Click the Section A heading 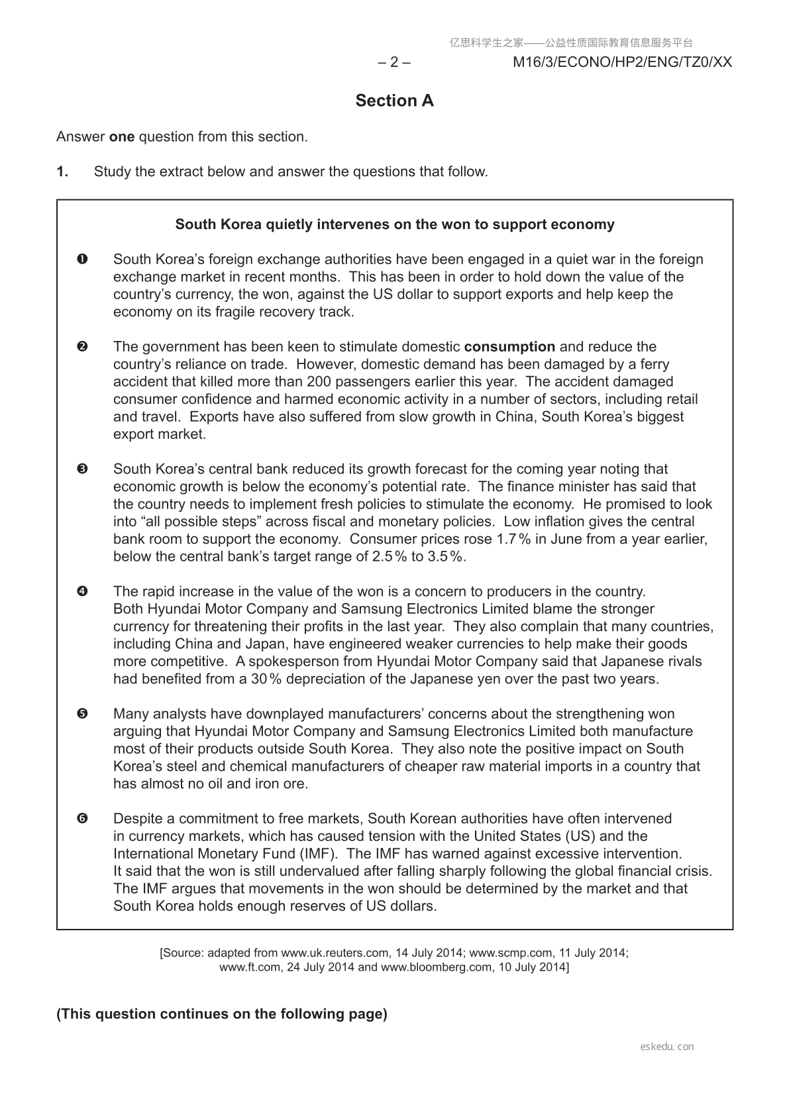click(x=394, y=101)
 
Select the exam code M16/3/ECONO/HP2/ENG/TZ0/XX click(x=622, y=62)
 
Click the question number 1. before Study click(x=62, y=171)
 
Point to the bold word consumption click(x=509, y=346)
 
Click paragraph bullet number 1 click(x=82, y=259)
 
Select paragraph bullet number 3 click(x=82, y=469)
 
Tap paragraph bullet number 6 click(x=82, y=818)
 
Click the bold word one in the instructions click(x=121, y=137)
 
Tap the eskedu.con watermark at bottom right click(x=667, y=1047)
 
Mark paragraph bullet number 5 click(x=82, y=714)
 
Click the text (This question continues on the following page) click(x=222, y=1014)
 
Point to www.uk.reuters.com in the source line click(x=335, y=953)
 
